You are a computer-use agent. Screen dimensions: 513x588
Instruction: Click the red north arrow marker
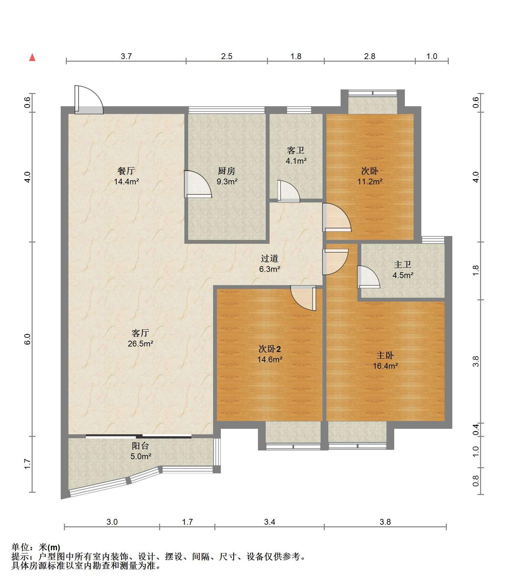[x=32, y=57]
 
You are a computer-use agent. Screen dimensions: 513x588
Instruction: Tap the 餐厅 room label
[x=126, y=170]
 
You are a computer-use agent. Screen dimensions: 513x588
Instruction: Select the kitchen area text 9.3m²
[x=227, y=181]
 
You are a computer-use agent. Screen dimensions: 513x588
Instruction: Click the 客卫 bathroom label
[x=296, y=150]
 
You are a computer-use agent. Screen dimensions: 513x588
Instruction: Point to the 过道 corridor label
[x=270, y=258]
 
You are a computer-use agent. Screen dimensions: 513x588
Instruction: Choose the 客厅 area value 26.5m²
[x=140, y=344]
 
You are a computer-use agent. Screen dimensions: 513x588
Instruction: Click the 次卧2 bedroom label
[x=270, y=349]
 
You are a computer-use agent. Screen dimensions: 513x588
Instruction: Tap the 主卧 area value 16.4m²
[x=385, y=366]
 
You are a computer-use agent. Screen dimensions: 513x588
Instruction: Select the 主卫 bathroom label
[x=403, y=265]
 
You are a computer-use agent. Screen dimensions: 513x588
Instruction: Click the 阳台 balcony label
[x=140, y=446]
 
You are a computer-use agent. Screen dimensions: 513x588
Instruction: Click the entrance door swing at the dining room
[x=89, y=100]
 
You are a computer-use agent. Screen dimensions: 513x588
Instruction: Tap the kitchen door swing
[x=198, y=184]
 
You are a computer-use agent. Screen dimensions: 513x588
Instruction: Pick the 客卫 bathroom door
[x=289, y=191]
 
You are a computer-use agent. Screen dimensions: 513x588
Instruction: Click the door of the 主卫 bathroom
[x=368, y=277]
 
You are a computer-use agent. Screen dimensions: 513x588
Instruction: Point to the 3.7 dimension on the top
[x=126, y=56]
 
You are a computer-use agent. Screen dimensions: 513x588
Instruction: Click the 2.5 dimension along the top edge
[x=227, y=56]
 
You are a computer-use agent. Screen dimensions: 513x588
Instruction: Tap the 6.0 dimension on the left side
[x=27, y=339]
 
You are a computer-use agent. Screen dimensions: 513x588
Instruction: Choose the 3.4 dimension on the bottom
[x=270, y=522]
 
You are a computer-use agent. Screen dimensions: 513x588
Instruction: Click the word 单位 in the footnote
[x=20, y=547]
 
